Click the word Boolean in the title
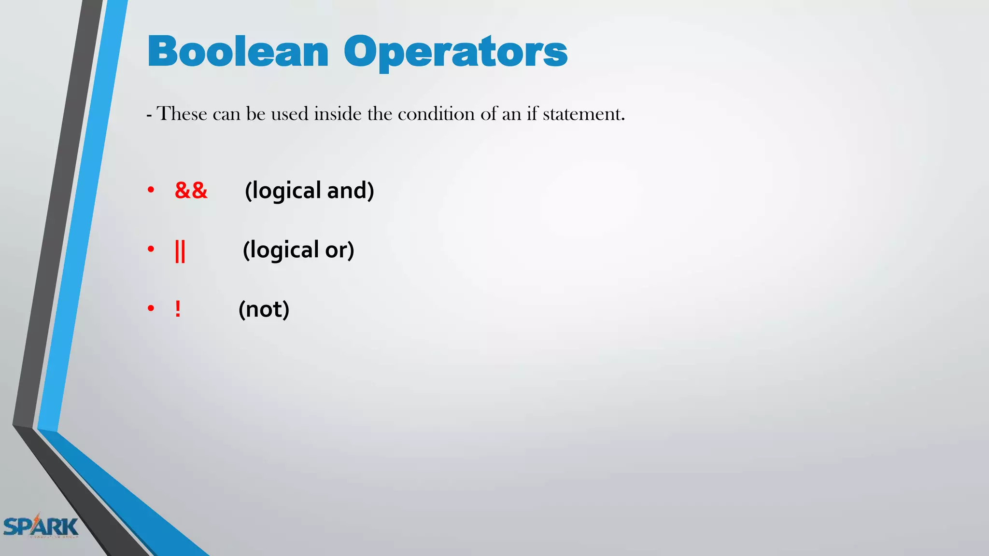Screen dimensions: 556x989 238,52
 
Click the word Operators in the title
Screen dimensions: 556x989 455,53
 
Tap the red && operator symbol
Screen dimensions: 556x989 191,191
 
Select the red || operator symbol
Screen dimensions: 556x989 180,250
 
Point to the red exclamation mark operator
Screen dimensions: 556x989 178,309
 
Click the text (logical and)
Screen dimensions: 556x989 309,191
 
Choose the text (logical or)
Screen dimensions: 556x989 298,250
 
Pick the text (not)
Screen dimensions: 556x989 264,309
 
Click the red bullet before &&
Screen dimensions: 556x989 151,190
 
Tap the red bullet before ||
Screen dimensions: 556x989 151,250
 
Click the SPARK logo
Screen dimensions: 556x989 41,526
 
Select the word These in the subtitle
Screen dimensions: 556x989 182,114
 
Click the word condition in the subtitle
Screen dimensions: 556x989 436,114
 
